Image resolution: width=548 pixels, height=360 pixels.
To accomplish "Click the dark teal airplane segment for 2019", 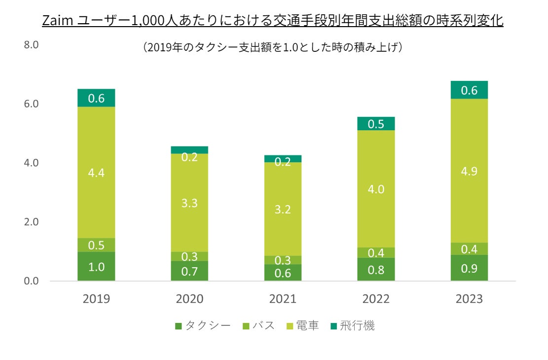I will (96, 98).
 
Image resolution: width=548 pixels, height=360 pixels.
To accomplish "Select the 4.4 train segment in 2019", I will (96, 173).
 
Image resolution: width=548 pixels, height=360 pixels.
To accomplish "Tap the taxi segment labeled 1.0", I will (96, 267).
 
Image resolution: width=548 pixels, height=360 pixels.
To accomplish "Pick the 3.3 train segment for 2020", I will (189, 203).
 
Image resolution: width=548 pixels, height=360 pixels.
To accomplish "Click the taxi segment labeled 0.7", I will (189, 271).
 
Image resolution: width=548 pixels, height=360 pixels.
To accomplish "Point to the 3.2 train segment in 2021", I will (283, 209).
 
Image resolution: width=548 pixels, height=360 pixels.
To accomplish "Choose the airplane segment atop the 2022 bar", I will (376, 124).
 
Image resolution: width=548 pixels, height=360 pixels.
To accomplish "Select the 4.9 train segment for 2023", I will (469, 171).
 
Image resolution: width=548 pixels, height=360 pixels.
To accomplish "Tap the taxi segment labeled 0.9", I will (469, 268).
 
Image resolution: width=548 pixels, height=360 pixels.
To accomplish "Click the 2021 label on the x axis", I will (283, 299).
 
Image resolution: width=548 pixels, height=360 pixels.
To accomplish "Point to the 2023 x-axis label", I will (469, 299).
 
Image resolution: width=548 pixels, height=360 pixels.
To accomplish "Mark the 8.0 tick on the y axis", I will (31, 45).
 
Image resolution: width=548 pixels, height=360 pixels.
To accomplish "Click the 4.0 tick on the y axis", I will (31, 163).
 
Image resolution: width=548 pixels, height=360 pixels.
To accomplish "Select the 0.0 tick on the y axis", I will (31, 281).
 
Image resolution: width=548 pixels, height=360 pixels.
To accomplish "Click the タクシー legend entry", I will (203, 326).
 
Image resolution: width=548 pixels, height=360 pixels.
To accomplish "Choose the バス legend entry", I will (259, 326).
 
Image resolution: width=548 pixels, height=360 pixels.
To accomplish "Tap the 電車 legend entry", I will (302, 326).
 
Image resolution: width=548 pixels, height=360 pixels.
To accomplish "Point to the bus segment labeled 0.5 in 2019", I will (96, 245).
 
